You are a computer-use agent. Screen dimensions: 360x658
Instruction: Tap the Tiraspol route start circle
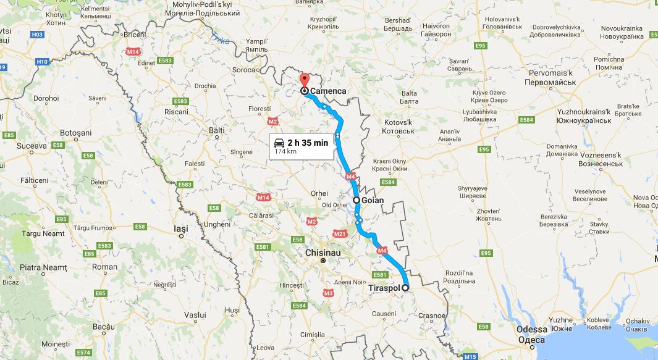coord(406,288)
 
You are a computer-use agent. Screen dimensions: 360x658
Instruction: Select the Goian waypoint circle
coord(356,200)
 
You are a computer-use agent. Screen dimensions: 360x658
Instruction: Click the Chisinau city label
coord(323,253)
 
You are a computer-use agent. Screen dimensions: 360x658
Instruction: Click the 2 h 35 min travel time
coord(307,142)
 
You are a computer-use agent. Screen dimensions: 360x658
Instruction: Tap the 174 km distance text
coord(285,151)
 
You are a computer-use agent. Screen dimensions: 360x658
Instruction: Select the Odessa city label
coord(531,330)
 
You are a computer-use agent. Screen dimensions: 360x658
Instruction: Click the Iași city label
coord(180,228)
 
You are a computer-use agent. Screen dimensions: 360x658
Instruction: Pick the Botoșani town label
coord(75,133)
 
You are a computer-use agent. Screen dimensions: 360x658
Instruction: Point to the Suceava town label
coord(32,146)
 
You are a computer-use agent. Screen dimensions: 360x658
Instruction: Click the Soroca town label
coord(243,70)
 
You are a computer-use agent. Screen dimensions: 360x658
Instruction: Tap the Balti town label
coord(216,130)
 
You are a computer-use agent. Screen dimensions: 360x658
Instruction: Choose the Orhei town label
coord(319,193)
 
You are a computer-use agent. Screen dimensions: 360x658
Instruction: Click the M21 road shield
coord(340,233)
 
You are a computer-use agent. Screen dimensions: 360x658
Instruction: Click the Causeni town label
coord(384,314)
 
